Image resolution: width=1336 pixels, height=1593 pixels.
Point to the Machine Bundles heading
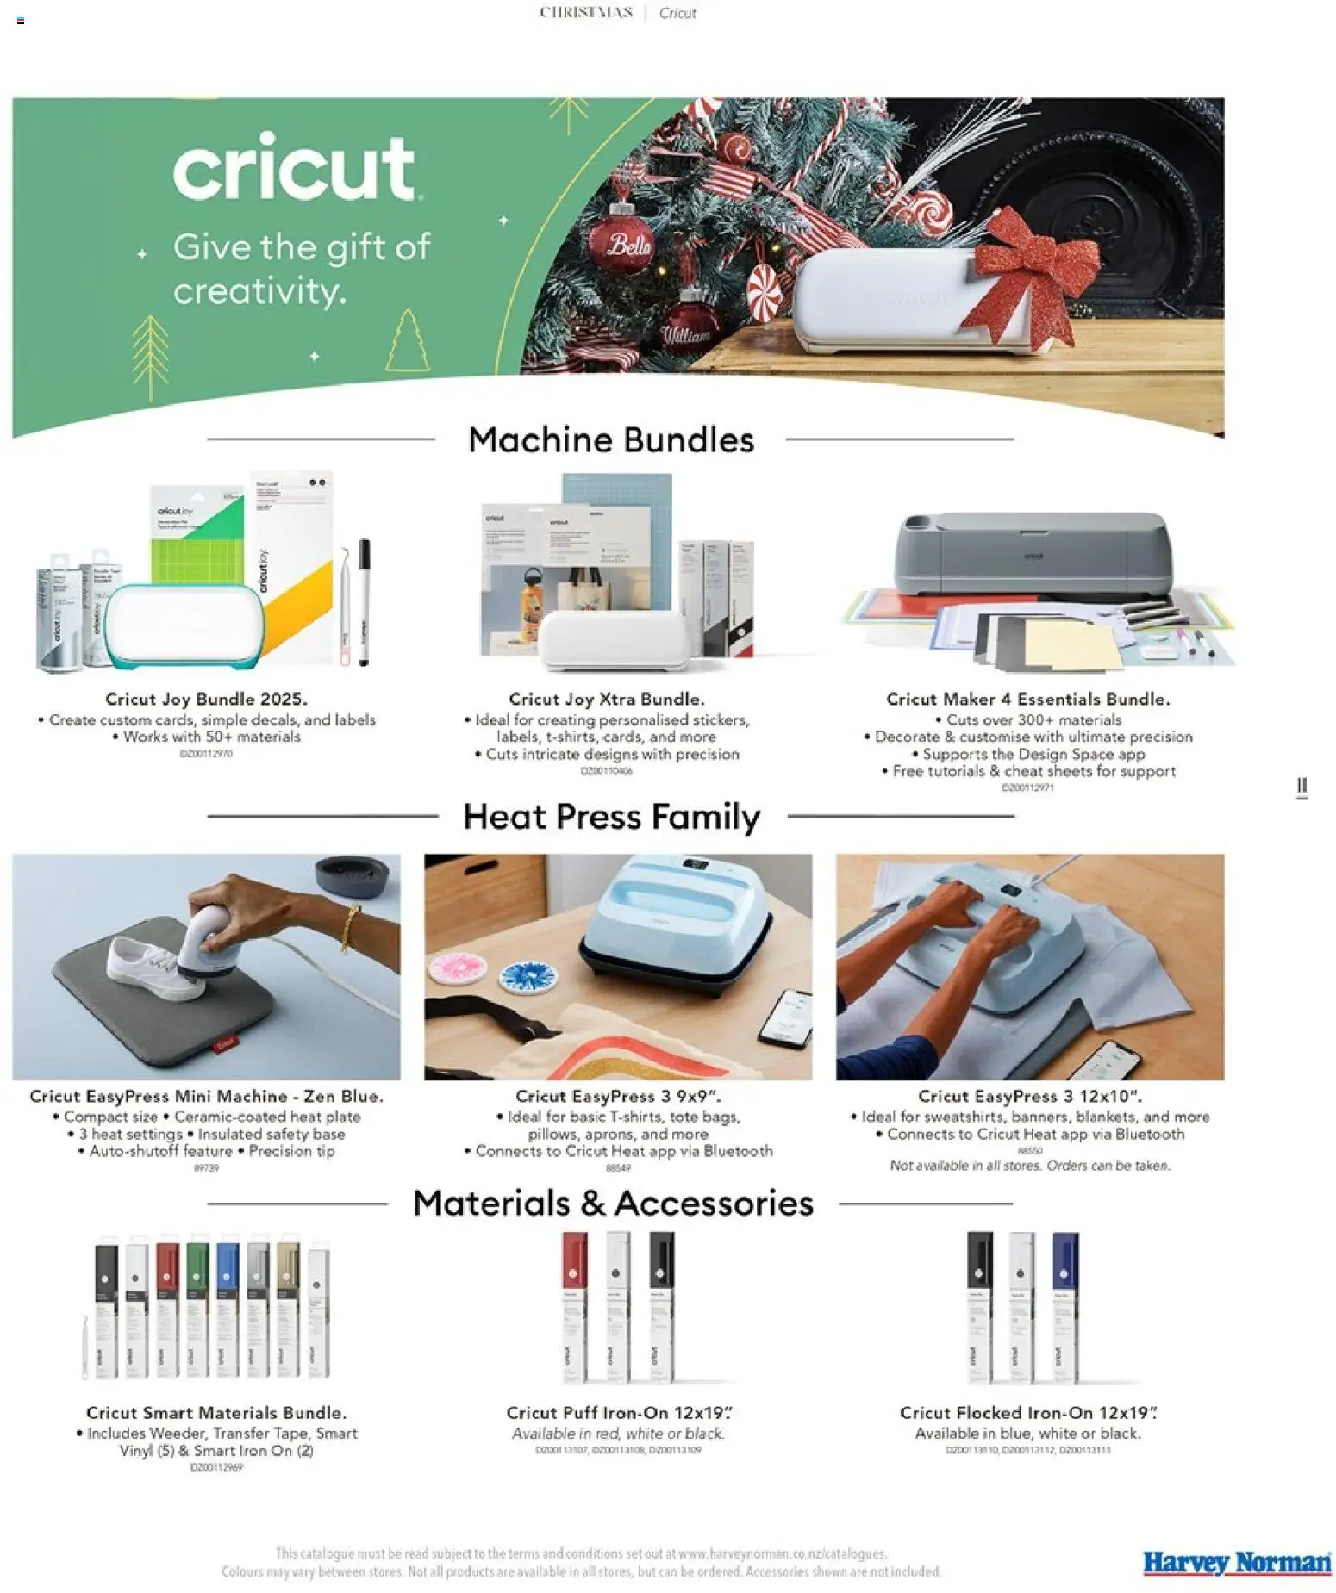click(x=610, y=439)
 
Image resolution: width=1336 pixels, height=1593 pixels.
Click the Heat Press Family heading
click(x=611, y=816)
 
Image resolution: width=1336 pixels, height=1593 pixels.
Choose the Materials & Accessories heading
click(x=612, y=1203)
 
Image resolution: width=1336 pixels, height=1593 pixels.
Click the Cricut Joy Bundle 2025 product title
click(x=206, y=699)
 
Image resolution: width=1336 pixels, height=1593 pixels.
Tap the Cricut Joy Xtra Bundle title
click(x=606, y=699)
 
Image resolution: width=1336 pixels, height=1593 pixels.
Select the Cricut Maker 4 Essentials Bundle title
click(x=1027, y=699)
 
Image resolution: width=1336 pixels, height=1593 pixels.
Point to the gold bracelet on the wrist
click(x=349, y=926)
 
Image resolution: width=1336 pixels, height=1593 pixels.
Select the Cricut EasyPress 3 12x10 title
click(x=1029, y=1096)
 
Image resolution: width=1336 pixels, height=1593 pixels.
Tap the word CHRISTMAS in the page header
click(x=586, y=12)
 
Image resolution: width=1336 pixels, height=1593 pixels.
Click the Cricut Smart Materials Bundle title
click(x=216, y=1412)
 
